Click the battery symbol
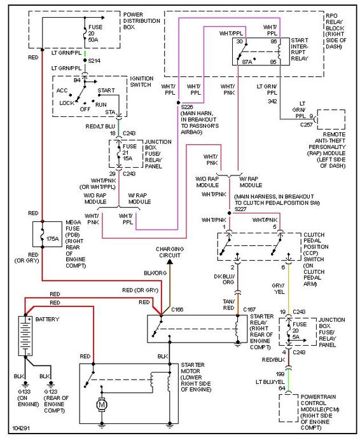point(25,336)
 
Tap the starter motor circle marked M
point(101,405)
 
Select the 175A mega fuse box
point(48,234)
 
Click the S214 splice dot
point(85,60)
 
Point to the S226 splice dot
point(178,102)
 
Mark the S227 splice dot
point(230,213)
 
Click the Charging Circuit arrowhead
point(170,261)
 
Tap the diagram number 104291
point(21,428)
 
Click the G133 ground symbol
point(25,385)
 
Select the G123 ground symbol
point(51,385)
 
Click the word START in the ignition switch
point(106,90)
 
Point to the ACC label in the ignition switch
point(62,90)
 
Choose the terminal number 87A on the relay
point(247,62)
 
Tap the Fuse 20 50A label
point(95,34)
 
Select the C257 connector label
point(307,125)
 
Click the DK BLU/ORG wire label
point(225,279)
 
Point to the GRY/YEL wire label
point(278,289)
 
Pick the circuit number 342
point(272,101)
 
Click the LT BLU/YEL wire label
point(270,382)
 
